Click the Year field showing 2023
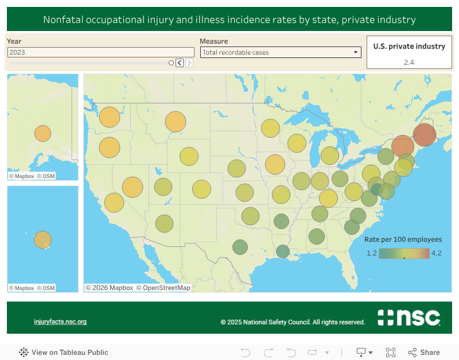(x=100, y=52)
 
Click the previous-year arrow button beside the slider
(x=180, y=63)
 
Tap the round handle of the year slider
(x=171, y=63)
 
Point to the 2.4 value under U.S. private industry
(x=409, y=62)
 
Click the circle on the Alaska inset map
(x=42, y=133)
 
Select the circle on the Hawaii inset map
(x=42, y=239)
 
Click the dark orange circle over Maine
(x=425, y=136)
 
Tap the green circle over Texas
(x=240, y=247)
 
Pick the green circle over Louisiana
(x=282, y=251)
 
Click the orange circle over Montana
(x=176, y=122)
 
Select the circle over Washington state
(x=109, y=117)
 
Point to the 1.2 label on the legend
(x=372, y=253)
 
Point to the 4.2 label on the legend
(x=436, y=253)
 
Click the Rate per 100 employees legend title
(x=403, y=239)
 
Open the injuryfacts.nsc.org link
(x=60, y=322)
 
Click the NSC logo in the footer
(x=409, y=318)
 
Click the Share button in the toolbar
(x=424, y=353)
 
